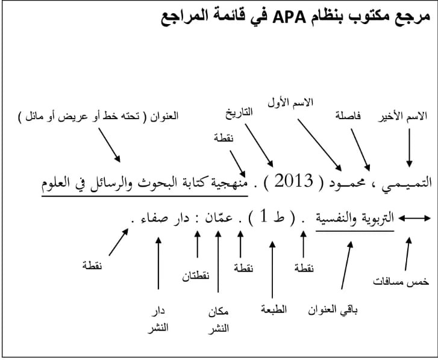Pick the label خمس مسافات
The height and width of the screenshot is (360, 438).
click(402, 281)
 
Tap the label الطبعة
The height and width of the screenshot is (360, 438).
click(274, 310)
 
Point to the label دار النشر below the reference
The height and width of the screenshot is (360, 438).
click(158, 319)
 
